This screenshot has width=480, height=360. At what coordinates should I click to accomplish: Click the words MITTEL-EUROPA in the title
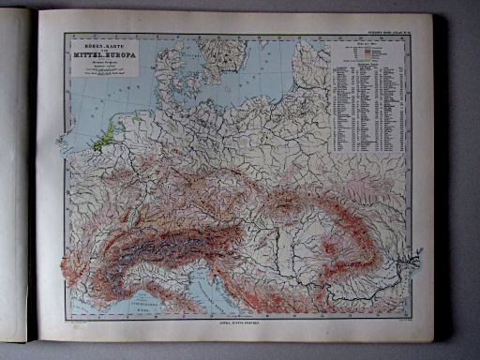click(100, 54)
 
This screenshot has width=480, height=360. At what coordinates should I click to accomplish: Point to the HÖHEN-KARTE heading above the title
click(100, 43)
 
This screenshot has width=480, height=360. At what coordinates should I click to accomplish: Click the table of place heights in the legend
click(369, 103)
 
